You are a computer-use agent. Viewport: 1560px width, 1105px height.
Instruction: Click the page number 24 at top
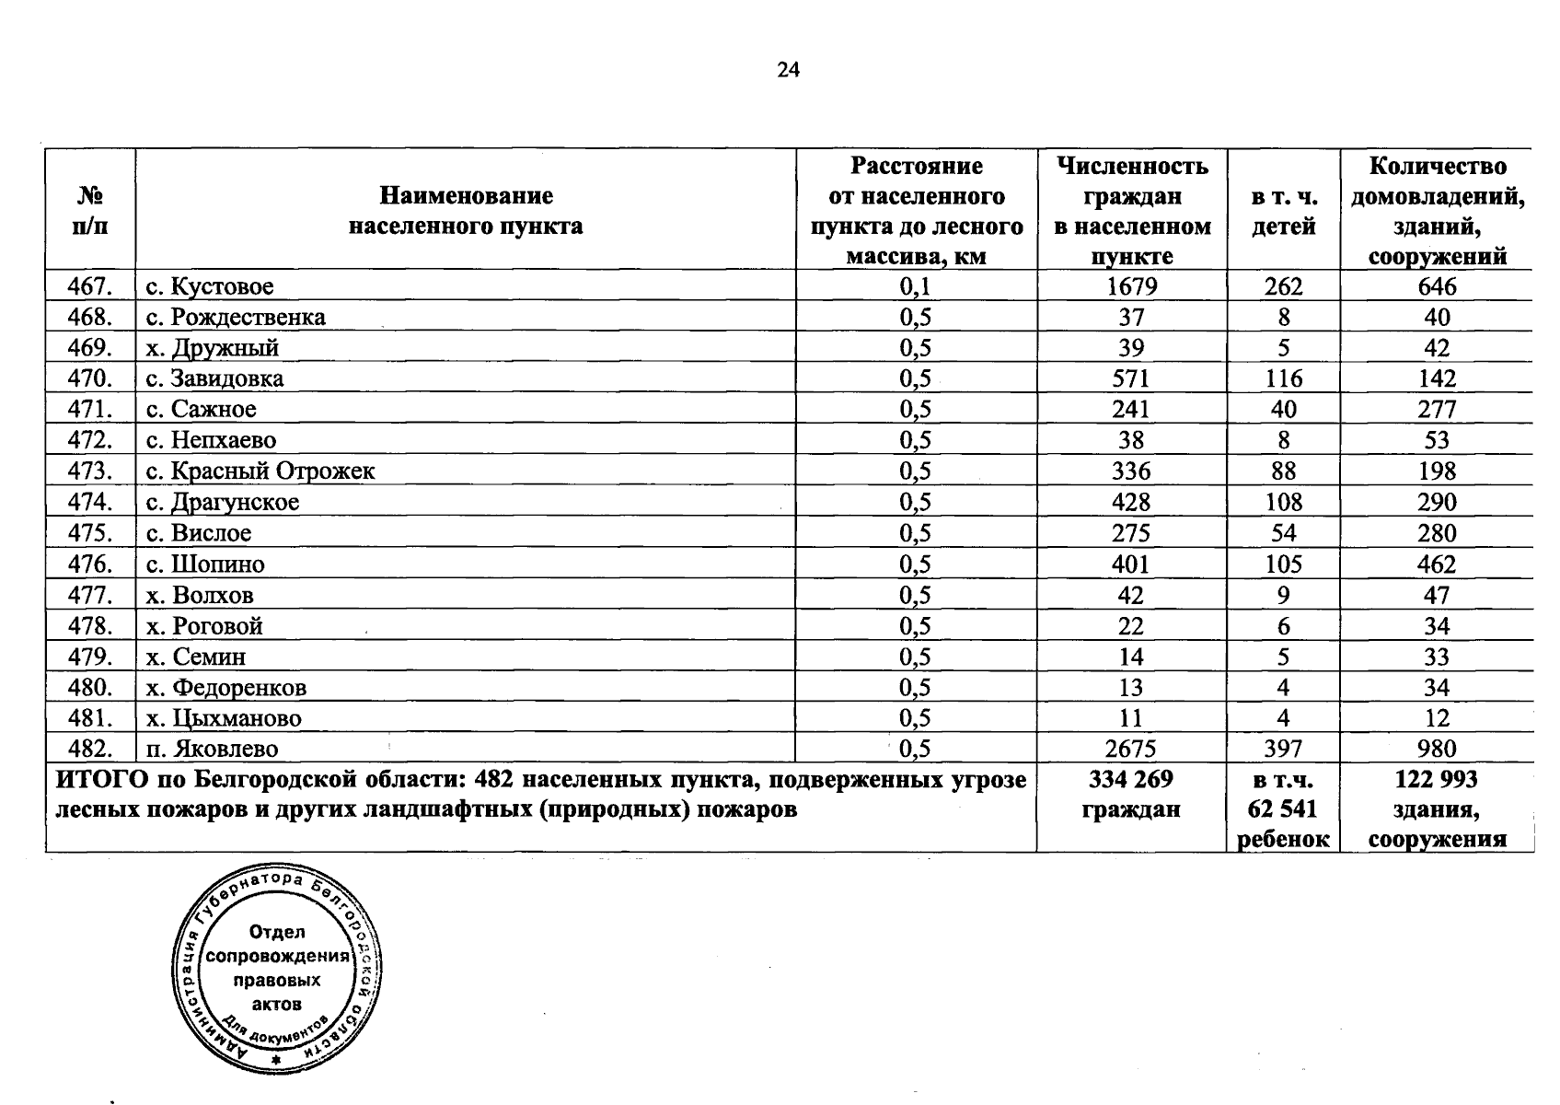click(788, 70)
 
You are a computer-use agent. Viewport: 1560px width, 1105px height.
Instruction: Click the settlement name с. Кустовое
click(210, 286)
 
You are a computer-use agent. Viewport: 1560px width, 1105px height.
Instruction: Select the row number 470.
click(90, 378)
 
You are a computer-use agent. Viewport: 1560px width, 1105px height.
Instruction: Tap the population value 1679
click(1131, 286)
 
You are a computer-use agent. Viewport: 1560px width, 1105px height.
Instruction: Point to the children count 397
click(1283, 749)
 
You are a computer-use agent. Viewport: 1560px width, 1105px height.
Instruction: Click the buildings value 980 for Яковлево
click(1437, 749)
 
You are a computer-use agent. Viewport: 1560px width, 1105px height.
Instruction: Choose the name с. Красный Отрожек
click(260, 471)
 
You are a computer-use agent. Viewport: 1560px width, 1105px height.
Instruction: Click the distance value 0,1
click(915, 286)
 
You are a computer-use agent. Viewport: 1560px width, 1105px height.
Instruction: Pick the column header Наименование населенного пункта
click(466, 211)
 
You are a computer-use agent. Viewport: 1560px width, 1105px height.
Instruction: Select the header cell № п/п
click(90, 211)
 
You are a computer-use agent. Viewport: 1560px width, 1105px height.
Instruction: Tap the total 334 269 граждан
click(1131, 794)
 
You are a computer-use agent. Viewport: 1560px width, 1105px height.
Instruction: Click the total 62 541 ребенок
click(1283, 809)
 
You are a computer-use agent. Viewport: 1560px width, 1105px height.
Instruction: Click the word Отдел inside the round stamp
click(277, 932)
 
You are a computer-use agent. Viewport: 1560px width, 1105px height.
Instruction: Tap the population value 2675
click(1131, 749)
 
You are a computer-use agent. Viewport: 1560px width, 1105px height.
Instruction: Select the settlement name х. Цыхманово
click(224, 718)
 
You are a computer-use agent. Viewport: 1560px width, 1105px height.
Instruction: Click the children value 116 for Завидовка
click(1283, 378)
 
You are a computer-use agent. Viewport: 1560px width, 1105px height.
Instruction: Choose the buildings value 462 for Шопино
click(1437, 564)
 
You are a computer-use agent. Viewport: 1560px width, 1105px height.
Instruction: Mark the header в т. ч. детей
click(1283, 211)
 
